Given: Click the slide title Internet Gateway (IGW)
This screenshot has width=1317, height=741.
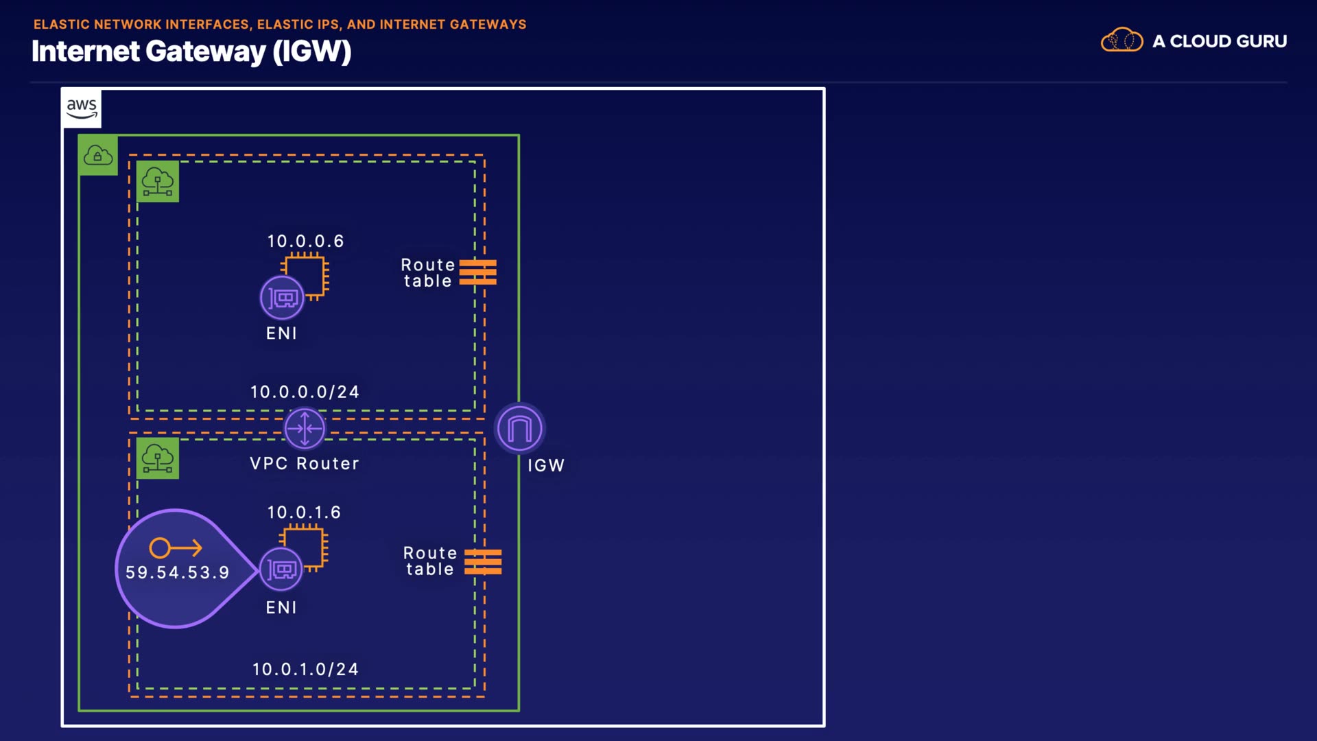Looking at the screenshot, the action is (191, 51).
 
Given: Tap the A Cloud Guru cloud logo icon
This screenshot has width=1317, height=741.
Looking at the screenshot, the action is (1122, 40).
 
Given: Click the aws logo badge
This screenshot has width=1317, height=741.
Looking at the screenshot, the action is (82, 108).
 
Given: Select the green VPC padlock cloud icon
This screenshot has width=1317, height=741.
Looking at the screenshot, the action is (98, 155).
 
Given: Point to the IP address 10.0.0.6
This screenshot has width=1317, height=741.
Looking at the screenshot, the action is (305, 241).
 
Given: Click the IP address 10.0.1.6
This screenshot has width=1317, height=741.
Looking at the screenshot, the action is (304, 512).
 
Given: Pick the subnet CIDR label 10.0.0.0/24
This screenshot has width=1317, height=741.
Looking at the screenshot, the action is (305, 392).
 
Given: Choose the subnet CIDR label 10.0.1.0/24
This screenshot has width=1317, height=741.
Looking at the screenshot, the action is (305, 669).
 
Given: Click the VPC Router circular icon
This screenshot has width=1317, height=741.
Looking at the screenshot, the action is (305, 428).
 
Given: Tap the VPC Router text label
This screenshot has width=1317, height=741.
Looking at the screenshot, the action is (305, 464).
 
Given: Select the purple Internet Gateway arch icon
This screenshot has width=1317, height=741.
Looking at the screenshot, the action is (519, 429).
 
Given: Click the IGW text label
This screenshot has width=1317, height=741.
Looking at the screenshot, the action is (546, 465).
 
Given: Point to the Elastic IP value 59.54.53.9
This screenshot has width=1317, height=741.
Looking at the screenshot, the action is (177, 572).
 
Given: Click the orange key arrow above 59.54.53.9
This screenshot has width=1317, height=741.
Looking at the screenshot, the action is (176, 548).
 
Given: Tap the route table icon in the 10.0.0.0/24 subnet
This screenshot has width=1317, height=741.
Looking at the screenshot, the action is (478, 272).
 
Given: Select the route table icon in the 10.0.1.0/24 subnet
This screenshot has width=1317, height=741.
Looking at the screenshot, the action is (483, 562).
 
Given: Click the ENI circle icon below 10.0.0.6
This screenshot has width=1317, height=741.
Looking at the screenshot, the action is (282, 298).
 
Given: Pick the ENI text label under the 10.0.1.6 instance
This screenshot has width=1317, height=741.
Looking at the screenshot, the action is (281, 607).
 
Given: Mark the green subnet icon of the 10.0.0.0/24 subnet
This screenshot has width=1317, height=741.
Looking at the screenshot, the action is (158, 182).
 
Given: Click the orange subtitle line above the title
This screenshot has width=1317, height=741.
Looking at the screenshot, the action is (280, 24).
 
